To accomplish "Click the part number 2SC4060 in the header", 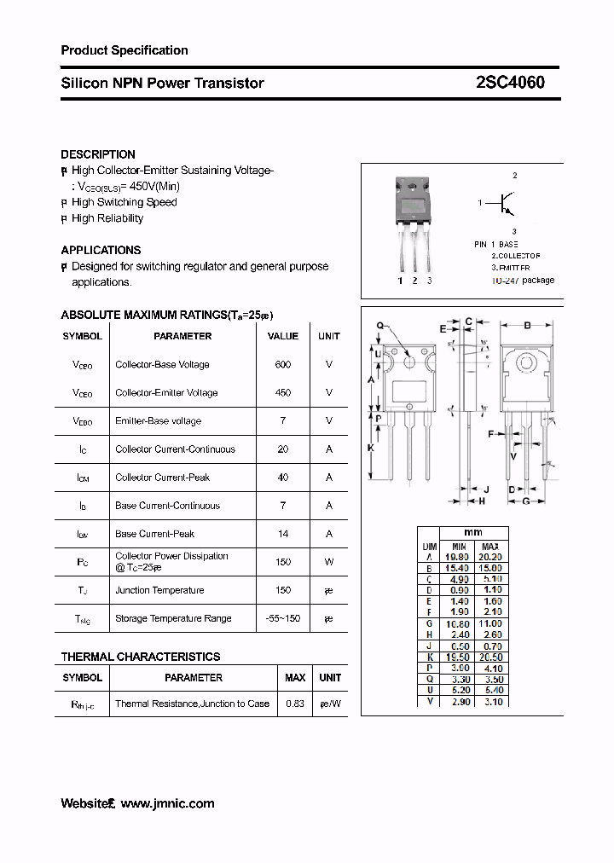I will tap(510, 83).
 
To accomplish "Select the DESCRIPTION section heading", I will tap(98, 154).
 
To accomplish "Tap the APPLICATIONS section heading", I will tap(101, 250).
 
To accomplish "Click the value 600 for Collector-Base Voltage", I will tap(283, 364).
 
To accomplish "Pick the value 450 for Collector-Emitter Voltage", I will tap(283, 392).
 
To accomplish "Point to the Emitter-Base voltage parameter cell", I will tap(158, 420).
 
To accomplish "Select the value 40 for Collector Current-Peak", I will tap(283, 477).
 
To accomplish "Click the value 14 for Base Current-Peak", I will tap(283, 533).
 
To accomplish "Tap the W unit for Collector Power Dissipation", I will tap(328, 561).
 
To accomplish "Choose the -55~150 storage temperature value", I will tap(283, 617).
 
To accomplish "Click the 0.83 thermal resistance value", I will tap(295, 704).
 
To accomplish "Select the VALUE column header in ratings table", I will tap(283, 336).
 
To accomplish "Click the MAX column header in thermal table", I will tap(295, 677).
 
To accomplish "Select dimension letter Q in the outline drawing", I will tap(379, 326).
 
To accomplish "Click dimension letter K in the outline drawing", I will tap(370, 447).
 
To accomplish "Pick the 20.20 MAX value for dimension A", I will tap(490, 556).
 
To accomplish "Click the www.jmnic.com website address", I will tap(167, 803).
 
